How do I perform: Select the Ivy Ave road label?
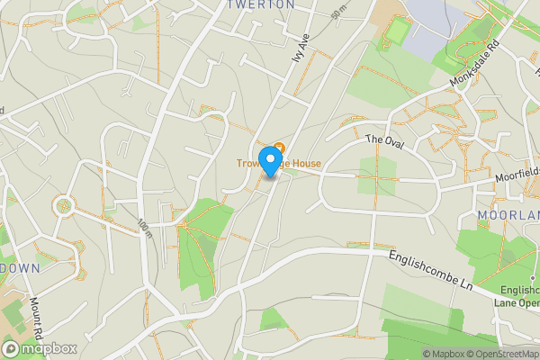tap(300, 48)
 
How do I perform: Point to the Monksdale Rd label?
tap(474, 62)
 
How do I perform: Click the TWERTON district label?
tap(261, 4)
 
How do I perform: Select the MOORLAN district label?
tap(508, 216)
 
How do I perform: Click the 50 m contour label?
tap(338, 13)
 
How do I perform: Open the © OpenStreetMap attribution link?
tap(502, 354)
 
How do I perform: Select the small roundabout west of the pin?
tap(64, 206)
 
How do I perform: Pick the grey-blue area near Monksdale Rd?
tap(424, 36)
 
